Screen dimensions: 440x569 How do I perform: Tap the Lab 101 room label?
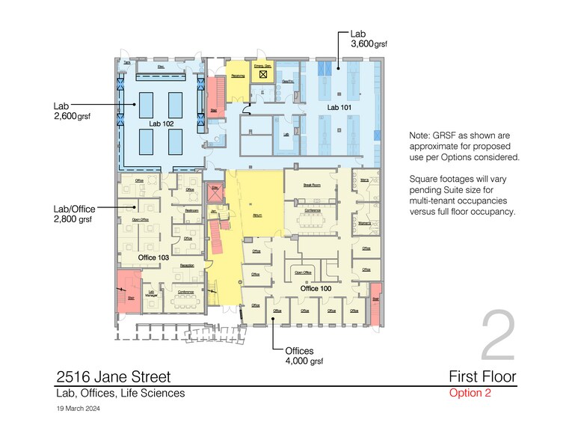(x=339, y=108)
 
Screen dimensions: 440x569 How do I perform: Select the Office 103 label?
(x=153, y=257)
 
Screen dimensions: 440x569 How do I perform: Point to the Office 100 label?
(x=315, y=288)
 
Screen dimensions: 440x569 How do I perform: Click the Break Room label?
(x=312, y=184)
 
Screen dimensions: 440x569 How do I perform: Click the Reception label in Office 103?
(x=186, y=265)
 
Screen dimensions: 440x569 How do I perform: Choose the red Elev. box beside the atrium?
(x=215, y=192)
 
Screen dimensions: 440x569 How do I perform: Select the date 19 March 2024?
(x=78, y=409)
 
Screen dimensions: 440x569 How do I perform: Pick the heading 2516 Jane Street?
(x=114, y=376)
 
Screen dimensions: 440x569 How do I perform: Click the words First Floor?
(x=482, y=376)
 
